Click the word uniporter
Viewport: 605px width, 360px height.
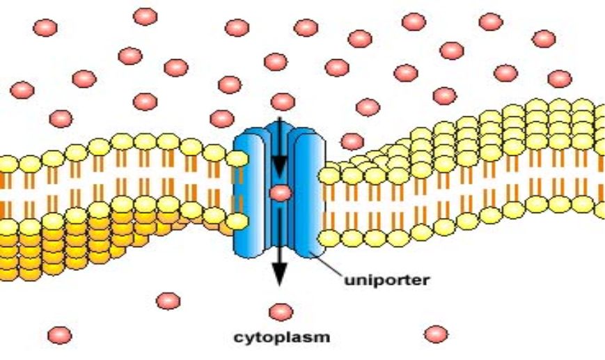click(386, 280)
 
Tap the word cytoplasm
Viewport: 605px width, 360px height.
click(282, 337)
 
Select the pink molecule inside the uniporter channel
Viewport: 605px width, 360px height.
click(281, 194)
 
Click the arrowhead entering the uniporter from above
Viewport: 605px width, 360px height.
click(280, 166)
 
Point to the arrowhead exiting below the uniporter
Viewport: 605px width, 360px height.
click(280, 274)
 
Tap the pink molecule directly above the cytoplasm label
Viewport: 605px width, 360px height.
click(281, 312)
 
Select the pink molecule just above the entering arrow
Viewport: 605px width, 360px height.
click(283, 102)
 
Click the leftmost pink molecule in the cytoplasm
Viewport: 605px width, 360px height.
click(59, 336)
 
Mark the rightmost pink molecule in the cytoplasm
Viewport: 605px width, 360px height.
click(436, 334)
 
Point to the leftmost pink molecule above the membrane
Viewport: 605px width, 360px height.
click(22, 90)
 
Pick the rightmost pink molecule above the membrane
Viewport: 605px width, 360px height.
click(560, 79)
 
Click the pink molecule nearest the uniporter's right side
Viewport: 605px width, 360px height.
click(352, 141)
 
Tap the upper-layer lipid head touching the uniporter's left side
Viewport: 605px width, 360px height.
click(237, 159)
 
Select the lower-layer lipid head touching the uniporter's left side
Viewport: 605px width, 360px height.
click(237, 221)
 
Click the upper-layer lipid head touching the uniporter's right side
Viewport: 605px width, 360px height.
click(329, 176)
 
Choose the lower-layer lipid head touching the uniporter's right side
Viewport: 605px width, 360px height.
click(329, 238)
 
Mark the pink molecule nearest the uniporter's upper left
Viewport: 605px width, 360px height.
click(222, 119)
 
